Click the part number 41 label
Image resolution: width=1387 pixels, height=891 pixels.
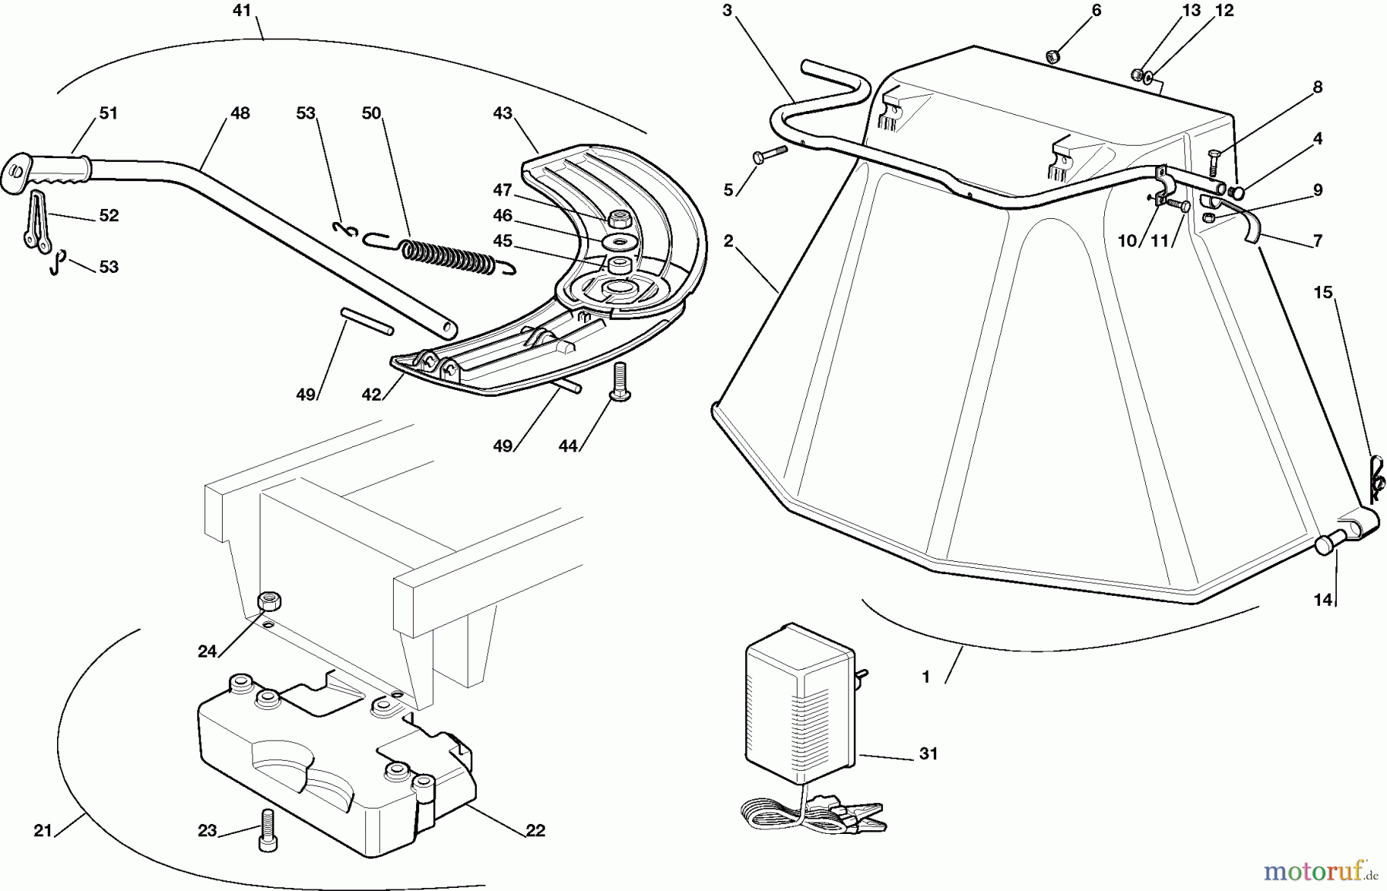pos(242,11)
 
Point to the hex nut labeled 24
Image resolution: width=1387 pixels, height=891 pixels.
pos(269,599)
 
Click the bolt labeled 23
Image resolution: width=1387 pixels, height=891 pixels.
pos(267,829)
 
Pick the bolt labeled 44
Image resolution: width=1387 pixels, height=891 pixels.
pos(618,384)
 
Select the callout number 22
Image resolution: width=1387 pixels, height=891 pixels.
pos(535,830)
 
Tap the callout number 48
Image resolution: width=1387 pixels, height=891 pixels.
pos(240,113)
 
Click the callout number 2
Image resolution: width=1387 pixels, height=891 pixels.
pos(728,240)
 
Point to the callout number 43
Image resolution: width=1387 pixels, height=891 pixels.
pos(502,113)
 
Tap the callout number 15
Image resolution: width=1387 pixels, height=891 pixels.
pos(1323,293)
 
